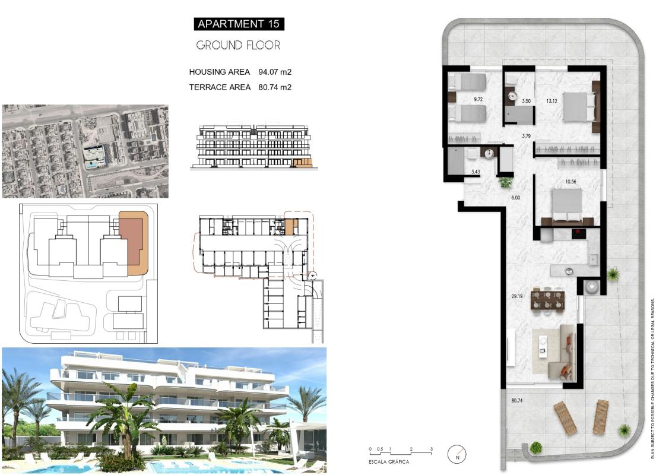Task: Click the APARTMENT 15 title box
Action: tap(239, 24)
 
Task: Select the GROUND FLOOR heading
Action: tap(238, 45)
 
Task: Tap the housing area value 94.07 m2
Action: tap(275, 72)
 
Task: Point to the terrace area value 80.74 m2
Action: tap(275, 87)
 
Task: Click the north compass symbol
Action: tap(457, 454)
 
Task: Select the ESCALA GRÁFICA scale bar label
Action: tap(389, 461)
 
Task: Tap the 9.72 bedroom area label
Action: tap(478, 100)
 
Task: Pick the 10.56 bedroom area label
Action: tap(555, 182)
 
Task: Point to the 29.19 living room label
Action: tap(516, 295)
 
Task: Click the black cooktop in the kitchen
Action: tap(582, 234)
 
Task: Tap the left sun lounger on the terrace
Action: tap(565, 418)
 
